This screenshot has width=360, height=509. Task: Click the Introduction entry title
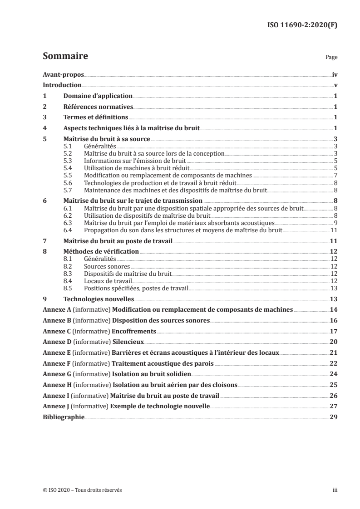click(62, 85)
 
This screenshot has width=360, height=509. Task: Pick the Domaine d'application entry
click(98, 96)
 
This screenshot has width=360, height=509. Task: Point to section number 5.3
click(68, 161)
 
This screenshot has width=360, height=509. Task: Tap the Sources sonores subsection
click(107, 266)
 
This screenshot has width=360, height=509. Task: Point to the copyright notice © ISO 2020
click(82, 490)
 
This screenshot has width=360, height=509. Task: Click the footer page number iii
click(335, 490)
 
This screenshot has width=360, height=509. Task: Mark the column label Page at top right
click(331, 58)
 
